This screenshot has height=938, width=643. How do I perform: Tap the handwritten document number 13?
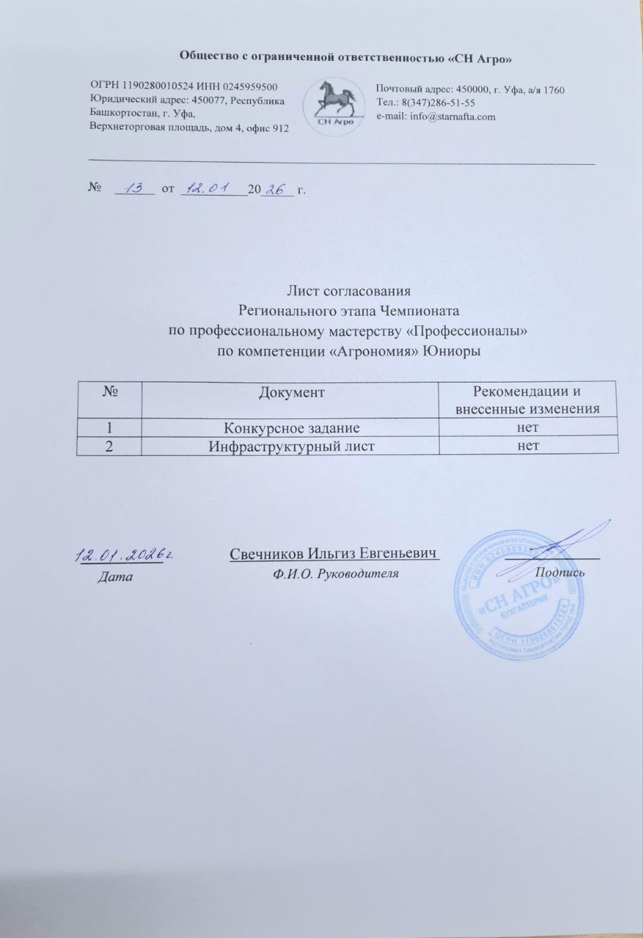(x=134, y=189)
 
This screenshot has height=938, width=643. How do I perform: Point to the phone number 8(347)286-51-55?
(x=439, y=103)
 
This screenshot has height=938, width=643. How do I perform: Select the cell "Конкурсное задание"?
(x=290, y=426)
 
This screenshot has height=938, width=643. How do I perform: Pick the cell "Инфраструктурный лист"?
(x=290, y=445)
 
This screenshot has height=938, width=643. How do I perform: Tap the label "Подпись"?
(x=559, y=570)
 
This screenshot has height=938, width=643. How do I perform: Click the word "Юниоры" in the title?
(x=455, y=351)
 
